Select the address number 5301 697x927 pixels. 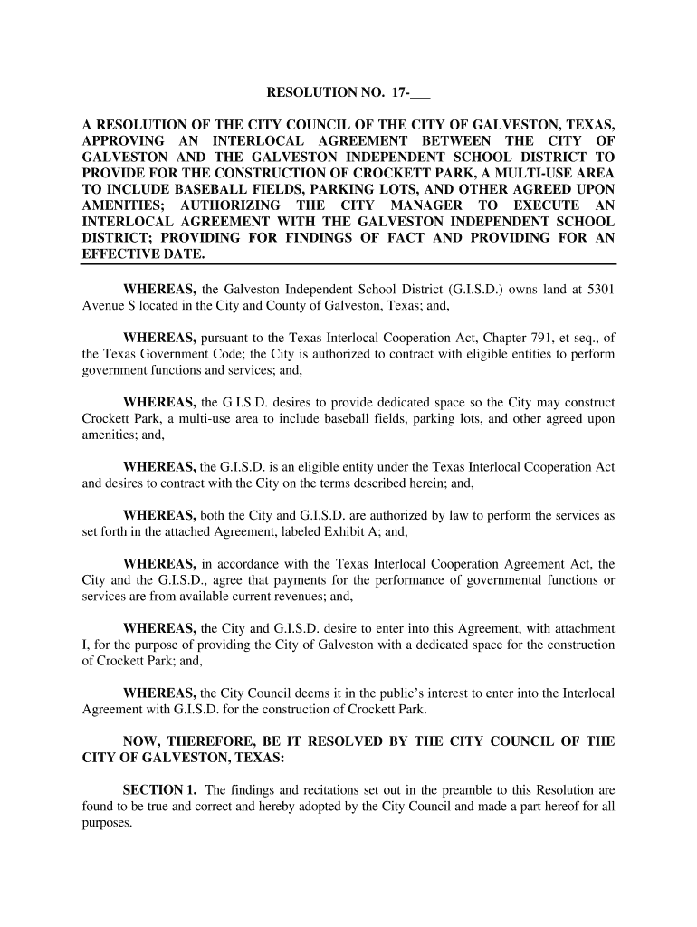(x=598, y=289)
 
